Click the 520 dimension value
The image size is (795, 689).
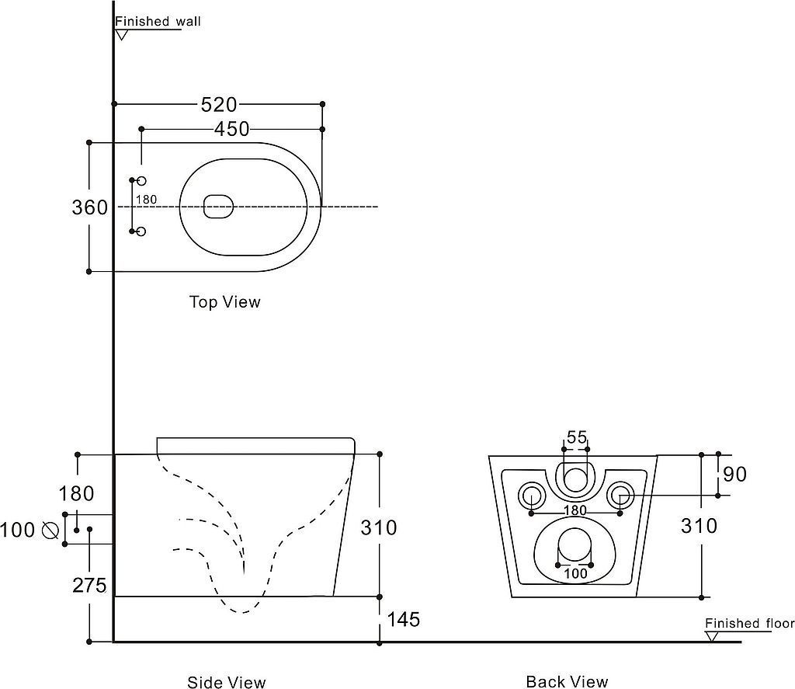tap(219, 104)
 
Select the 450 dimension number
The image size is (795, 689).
tap(231, 129)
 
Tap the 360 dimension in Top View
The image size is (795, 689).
tap(89, 208)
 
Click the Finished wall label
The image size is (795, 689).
tap(158, 22)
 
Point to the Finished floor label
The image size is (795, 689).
tap(749, 623)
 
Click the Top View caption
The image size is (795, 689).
tap(225, 301)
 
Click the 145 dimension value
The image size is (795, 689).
tap(403, 619)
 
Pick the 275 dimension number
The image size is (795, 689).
tap(89, 585)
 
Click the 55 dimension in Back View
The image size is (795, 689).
tap(576, 437)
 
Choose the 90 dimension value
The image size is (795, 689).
tap(734, 473)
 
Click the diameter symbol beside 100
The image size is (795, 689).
tap(50, 530)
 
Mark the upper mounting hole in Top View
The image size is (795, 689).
tap(141, 180)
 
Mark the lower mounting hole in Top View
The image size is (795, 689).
tap(141, 231)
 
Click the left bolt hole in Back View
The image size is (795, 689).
tap(532, 494)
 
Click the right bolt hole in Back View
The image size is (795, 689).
tap(620, 494)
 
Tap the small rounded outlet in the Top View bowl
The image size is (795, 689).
tap(218, 206)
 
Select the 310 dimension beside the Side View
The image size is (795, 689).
tap(379, 527)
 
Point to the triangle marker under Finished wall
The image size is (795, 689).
tap(122, 34)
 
